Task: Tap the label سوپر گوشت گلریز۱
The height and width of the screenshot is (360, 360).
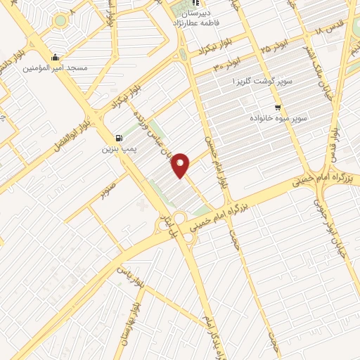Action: [x=251, y=82]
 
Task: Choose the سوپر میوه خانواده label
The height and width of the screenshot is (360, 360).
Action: [x=278, y=119]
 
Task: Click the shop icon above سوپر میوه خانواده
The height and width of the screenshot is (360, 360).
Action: [x=278, y=108]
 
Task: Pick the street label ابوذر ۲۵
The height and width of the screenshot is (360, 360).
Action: [x=274, y=48]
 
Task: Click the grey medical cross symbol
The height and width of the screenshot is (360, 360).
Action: [x=144, y=205]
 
